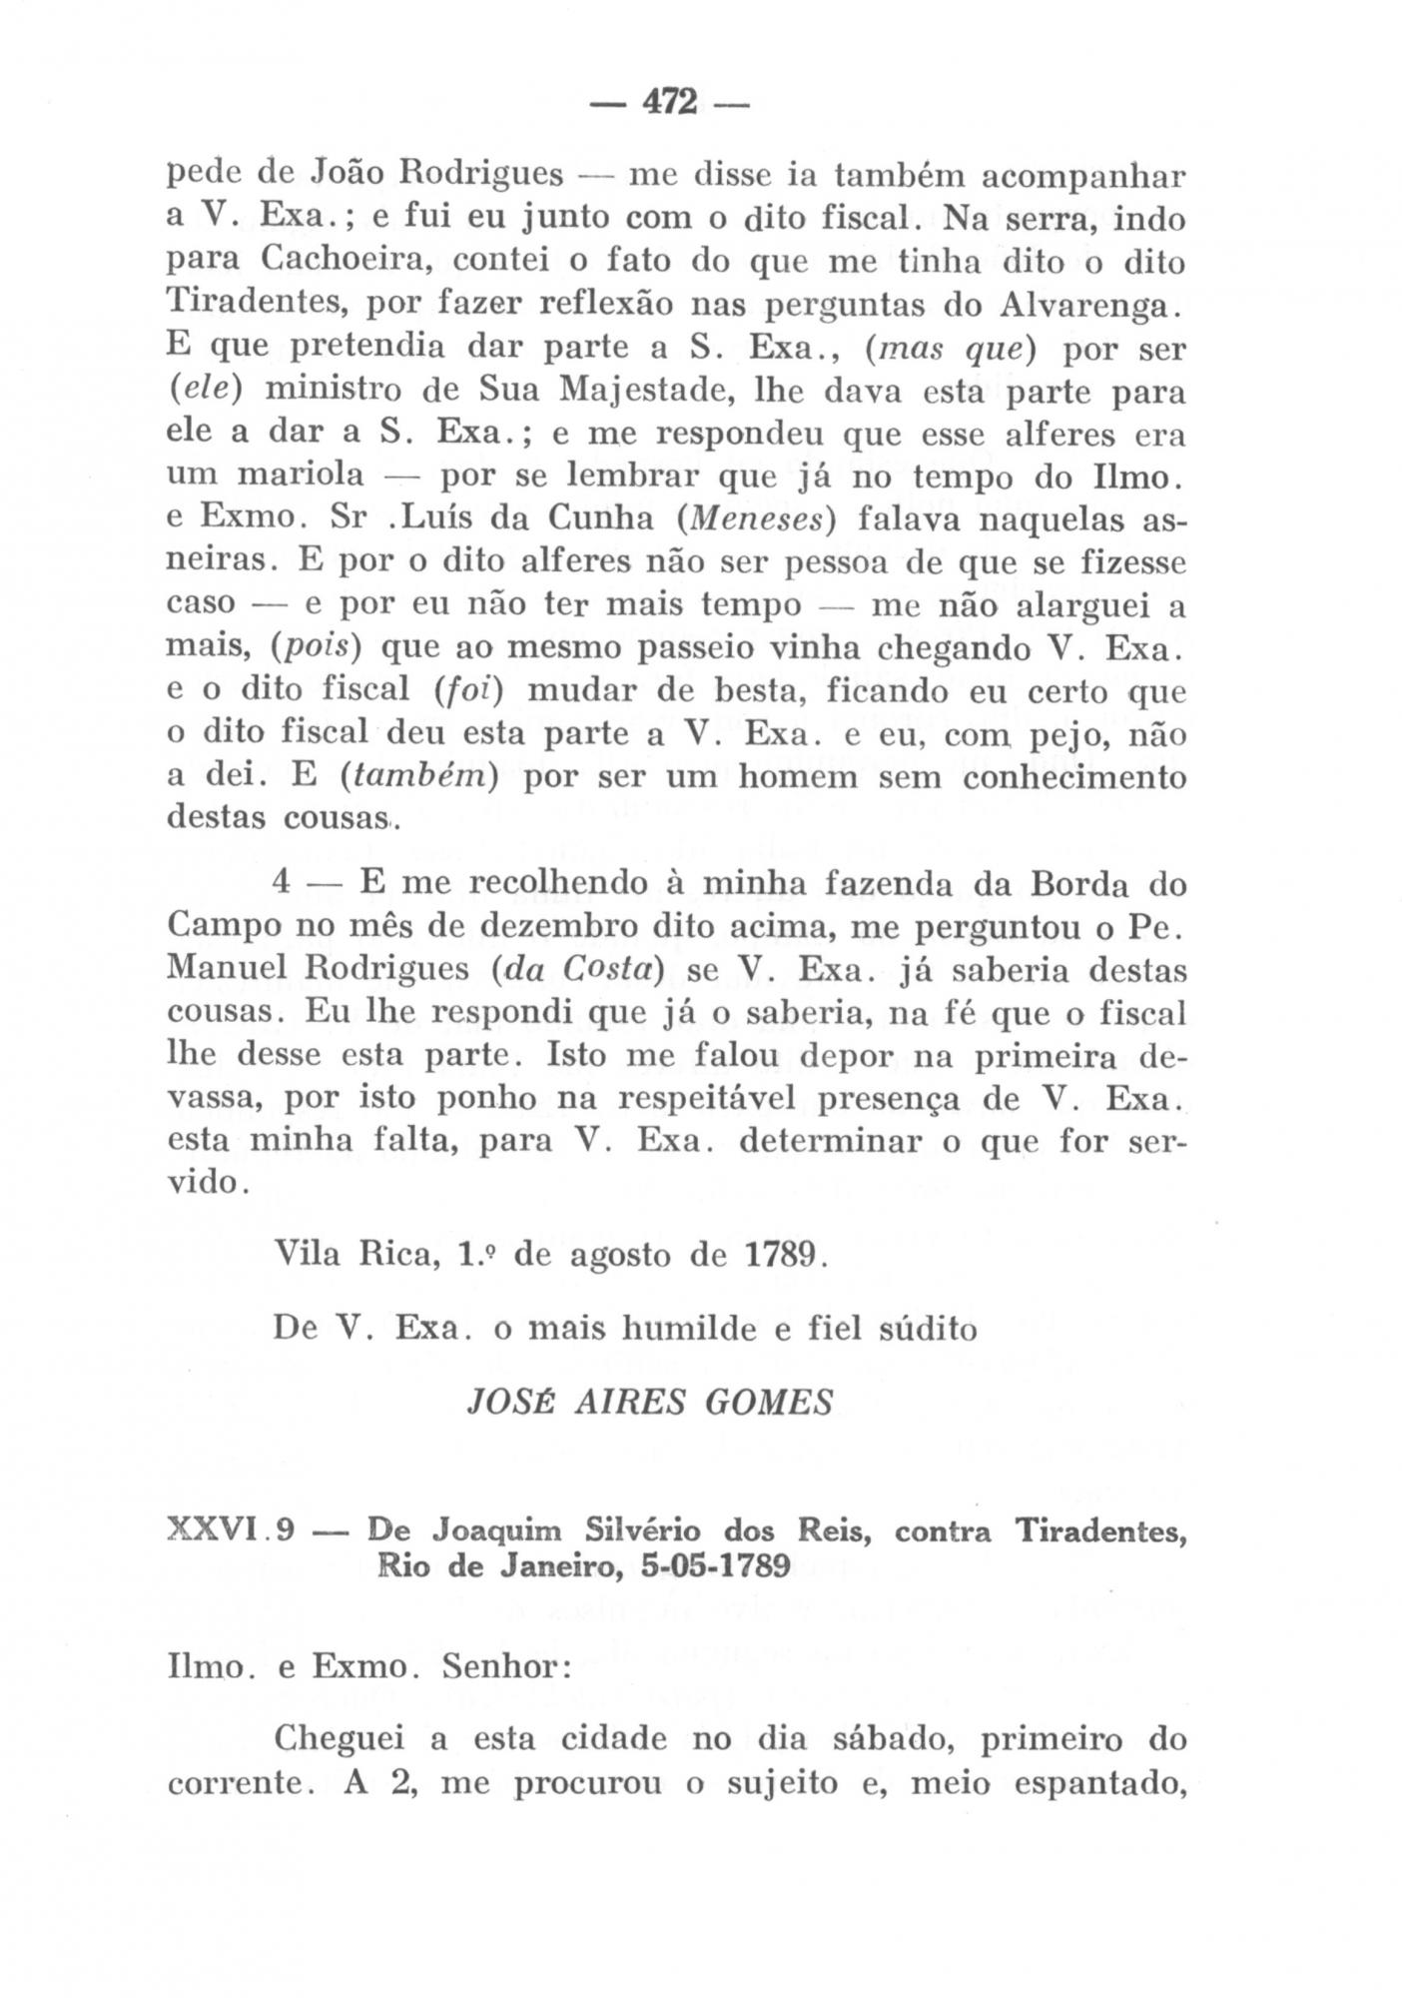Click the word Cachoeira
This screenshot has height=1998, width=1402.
(348, 261)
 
